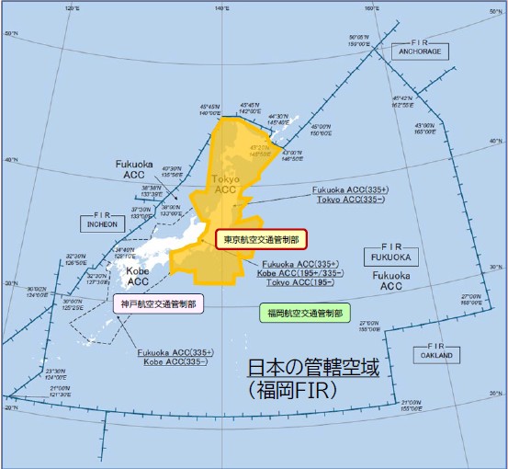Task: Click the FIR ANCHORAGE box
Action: [420, 49]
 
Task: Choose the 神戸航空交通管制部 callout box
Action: [160, 303]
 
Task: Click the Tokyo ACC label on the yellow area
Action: [225, 184]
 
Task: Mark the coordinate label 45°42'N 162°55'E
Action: [401, 100]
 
